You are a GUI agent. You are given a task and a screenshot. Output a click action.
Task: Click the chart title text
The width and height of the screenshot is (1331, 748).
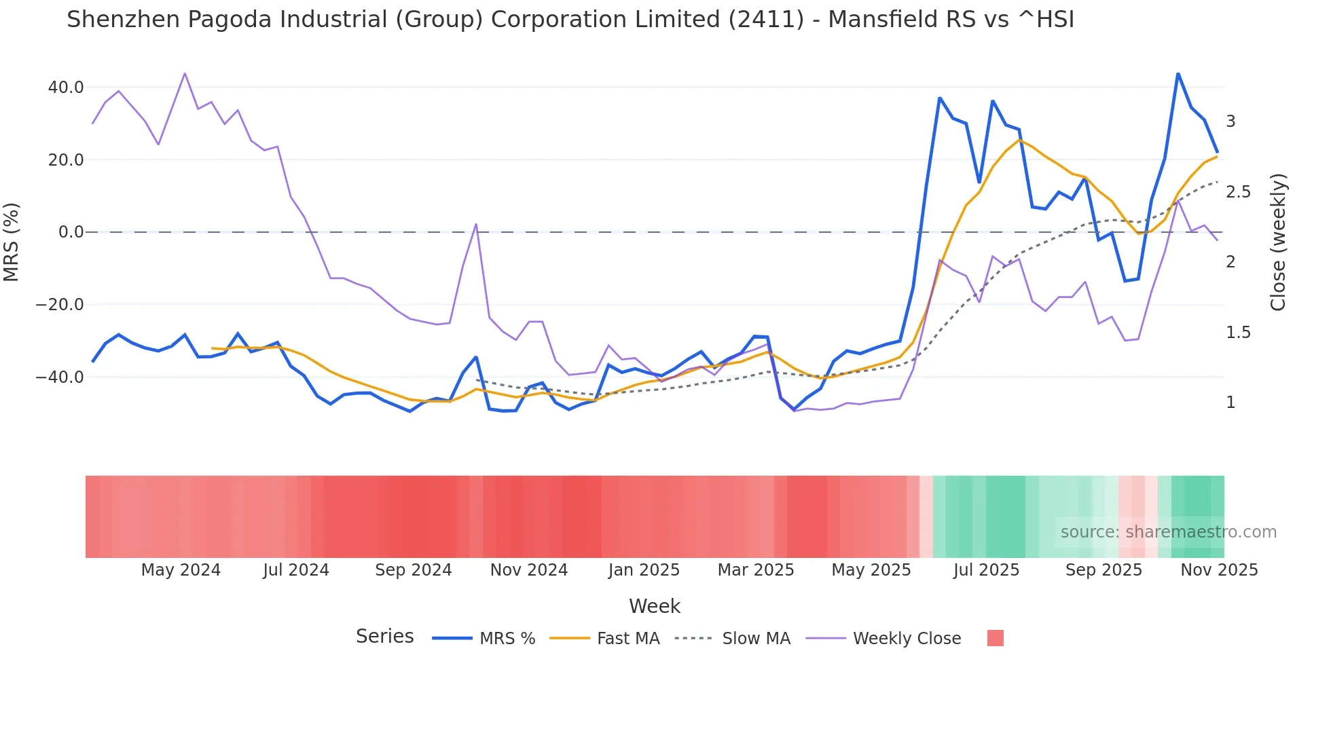[x=570, y=20]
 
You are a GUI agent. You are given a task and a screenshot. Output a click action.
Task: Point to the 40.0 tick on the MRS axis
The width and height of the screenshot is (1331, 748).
[x=66, y=88]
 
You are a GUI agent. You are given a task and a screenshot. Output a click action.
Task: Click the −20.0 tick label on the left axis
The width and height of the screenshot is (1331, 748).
[x=60, y=305]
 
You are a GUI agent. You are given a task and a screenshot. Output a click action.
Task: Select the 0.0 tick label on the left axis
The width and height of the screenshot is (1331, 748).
[x=71, y=232]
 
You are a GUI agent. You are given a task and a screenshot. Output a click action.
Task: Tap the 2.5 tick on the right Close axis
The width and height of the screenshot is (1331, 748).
[x=1238, y=192]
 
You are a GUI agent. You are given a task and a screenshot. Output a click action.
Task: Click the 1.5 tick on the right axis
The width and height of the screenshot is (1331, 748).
[x=1238, y=333]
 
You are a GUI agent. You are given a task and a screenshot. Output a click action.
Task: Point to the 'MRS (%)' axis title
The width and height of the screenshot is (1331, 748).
[x=12, y=242]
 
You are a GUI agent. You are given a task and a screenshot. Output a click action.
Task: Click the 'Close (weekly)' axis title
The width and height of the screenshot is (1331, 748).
[x=1278, y=242]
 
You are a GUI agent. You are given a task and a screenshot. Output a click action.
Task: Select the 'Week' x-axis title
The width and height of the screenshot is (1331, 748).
[x=654, y=606]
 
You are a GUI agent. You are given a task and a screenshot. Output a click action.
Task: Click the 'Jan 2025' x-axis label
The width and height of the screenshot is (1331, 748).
[x=644, y=570]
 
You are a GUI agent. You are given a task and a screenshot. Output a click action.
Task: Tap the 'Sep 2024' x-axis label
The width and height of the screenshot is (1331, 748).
[x=413, y=570]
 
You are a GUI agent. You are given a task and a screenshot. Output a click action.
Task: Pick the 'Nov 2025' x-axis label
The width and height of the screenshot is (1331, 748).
[x=1219, y=570]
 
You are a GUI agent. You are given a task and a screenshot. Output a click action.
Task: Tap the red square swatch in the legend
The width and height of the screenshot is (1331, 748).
[x=995, y=638]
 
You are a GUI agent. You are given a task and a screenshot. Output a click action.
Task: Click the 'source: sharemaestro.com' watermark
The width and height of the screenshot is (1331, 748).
[x=1168, y=532]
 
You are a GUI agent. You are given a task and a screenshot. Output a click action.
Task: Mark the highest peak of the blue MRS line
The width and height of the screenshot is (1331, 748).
[x=1178, y=73]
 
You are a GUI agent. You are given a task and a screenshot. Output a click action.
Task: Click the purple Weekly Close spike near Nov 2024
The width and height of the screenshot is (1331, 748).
[x=476, y=224]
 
